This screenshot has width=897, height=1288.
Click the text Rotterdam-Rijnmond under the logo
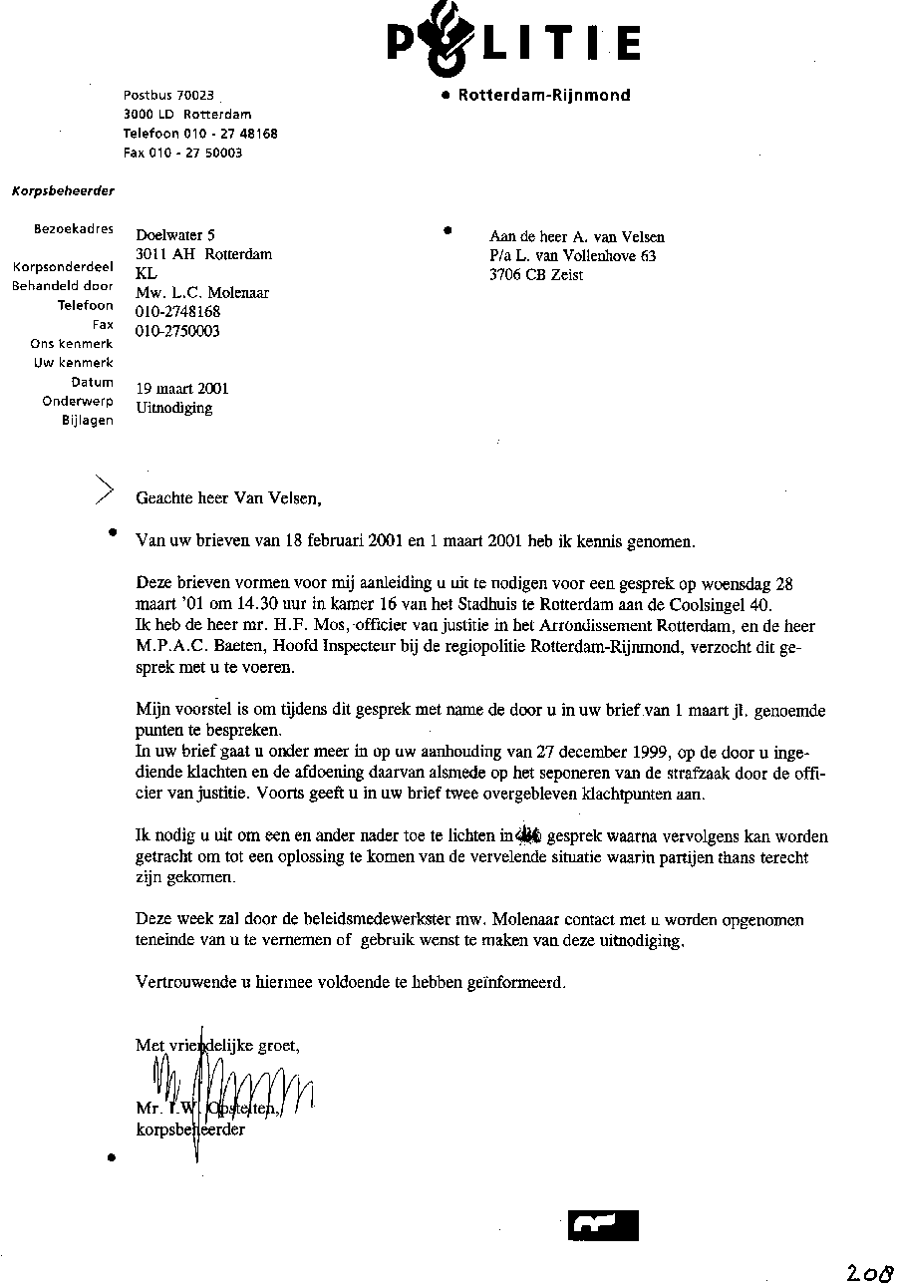[x=544, y=96]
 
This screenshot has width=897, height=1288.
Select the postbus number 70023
[x=195, y=96]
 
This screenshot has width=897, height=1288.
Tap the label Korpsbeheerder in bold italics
[x=63, y=190]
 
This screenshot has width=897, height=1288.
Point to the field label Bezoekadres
[x=74, y=229]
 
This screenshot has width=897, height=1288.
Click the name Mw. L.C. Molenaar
[x=202, y=293]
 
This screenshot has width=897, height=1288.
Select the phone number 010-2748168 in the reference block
[x=177, y=312]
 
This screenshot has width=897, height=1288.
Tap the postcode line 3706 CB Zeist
[x=536, y=275]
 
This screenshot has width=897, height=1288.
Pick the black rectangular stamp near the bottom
[x=603, y=1224]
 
